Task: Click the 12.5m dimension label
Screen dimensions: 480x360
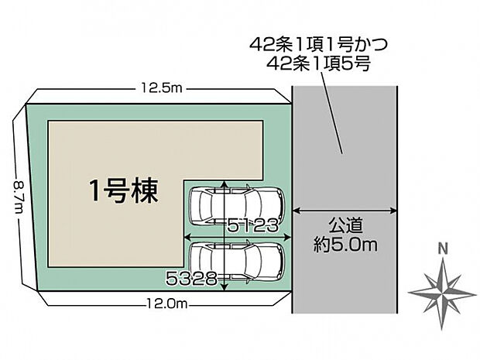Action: click(x=162, y=88)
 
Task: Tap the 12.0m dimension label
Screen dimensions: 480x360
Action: click(x=167, y=304)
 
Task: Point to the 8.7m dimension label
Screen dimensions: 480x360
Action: click(x=19, y=197)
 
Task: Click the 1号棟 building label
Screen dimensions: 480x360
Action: click(x=124, y=191)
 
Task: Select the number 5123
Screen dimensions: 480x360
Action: click(x=253, y=226)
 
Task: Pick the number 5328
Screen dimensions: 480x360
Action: click(x=191, y=279)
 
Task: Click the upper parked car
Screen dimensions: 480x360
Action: click(x=237, y=204)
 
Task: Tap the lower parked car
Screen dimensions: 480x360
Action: click(x=237, y=262)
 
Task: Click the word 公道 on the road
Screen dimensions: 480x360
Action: click(x=345, y=225)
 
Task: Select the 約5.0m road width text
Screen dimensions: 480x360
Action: click(x=345, y=245)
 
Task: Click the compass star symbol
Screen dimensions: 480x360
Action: click(x=442, y=293)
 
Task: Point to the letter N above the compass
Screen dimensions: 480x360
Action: click(x=443, y=249)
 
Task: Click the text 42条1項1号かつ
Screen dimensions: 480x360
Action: click(x=319, y=45)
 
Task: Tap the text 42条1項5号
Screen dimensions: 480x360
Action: click(x=319, y=64)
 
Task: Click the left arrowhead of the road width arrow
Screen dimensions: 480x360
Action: click(x=296, y=211)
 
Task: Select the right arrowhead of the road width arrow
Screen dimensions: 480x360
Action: click(x=393, y=211)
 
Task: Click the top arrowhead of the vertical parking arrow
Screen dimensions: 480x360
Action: click(x=225, y=183)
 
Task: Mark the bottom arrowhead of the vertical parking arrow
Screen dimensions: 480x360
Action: click(x=225, y=287)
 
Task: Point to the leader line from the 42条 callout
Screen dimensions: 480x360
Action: click(x=332, y=114)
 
